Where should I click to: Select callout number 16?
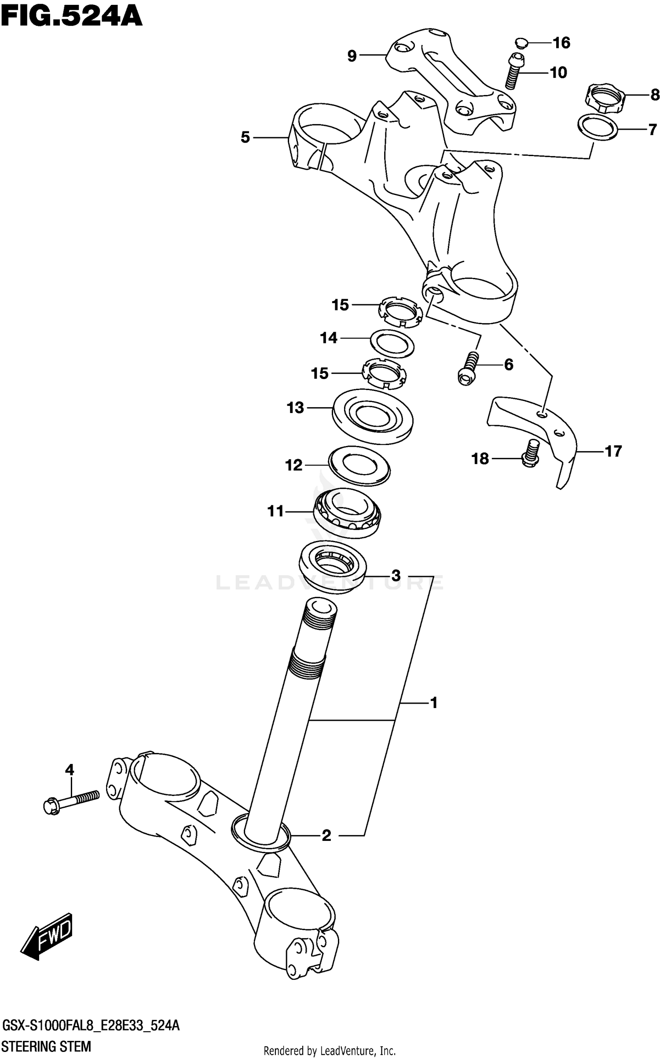(561, 43)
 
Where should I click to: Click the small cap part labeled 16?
(521, 43)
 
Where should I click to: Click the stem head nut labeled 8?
(601, 100)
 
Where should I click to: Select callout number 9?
(352, 56)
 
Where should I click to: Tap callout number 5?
(245, 138)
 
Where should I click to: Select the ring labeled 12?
(359, 466)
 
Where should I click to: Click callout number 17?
(613, 451)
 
